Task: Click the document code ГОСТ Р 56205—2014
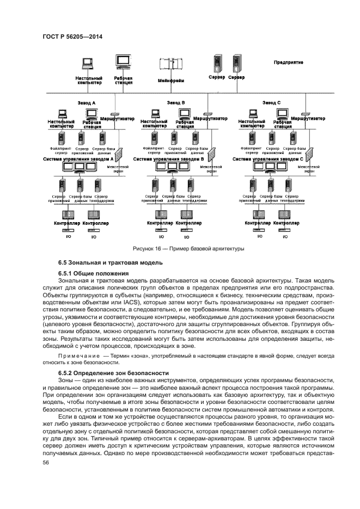pos(72,36)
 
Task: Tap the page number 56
pos(45,462)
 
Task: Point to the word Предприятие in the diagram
pos(288,63)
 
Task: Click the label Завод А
pos(86,102)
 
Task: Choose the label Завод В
pos(176,102)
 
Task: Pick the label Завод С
pos(271,102)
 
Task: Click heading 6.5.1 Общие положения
pos(93,273)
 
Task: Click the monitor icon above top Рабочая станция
pos(123,62)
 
